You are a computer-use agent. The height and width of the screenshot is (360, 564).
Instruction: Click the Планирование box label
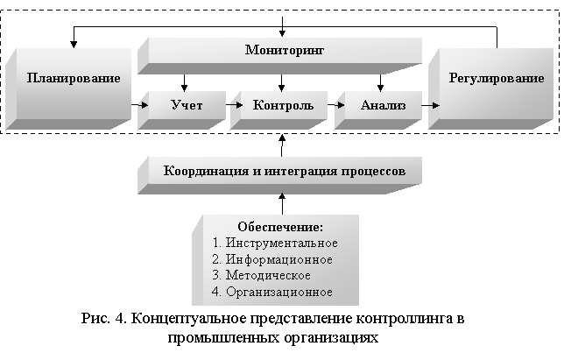74,79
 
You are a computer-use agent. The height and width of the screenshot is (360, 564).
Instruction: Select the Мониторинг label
285,50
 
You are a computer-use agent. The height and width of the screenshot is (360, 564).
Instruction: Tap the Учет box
182,109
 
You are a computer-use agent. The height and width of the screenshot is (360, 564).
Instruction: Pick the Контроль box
278,109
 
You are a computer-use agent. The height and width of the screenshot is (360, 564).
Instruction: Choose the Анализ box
378,109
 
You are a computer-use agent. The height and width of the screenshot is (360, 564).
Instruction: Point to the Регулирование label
497,79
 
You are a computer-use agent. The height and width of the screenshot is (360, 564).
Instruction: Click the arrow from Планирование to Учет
139,105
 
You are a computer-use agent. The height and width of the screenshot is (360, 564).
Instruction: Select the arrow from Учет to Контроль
235,105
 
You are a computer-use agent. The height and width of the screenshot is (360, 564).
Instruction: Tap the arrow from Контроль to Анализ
336,105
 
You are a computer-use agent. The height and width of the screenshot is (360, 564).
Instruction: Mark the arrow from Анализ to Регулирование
431,105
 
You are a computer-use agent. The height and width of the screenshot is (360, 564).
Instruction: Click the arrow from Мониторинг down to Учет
184,82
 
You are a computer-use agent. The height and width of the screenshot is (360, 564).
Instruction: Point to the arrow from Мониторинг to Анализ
380,82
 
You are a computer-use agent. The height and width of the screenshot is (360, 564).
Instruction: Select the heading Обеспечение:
280,227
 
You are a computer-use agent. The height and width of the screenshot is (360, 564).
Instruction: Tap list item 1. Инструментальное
275,243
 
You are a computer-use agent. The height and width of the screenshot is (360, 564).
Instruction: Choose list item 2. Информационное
272,259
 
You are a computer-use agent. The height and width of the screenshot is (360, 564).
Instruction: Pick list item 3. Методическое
262,276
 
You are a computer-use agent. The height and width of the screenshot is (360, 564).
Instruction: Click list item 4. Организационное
272,292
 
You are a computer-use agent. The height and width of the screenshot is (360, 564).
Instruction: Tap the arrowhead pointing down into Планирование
74,45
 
